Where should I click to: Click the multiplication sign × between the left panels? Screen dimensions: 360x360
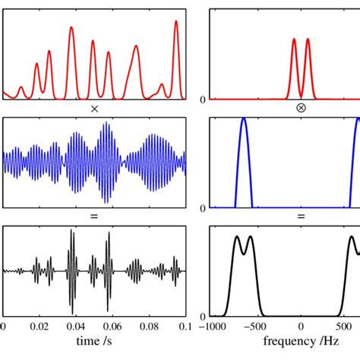click(94, 109)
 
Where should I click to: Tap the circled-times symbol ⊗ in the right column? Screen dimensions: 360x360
click(301, 109)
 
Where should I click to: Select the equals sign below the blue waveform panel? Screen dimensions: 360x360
click(94, 217)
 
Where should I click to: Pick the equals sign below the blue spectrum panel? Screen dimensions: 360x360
click(301, 217)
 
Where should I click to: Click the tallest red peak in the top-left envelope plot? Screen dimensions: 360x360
click(176, 22)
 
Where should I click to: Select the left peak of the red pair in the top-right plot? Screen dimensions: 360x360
click(294, 40)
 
